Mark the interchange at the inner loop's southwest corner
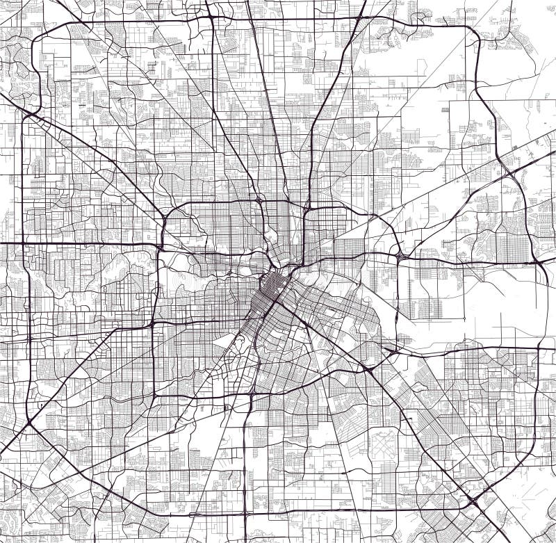click(x=152, y=324)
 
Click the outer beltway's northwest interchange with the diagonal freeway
click(x=30, y=112)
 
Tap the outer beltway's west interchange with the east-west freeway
click(x=23, y=243)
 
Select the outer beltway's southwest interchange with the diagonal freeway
click(x=29, y=423)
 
